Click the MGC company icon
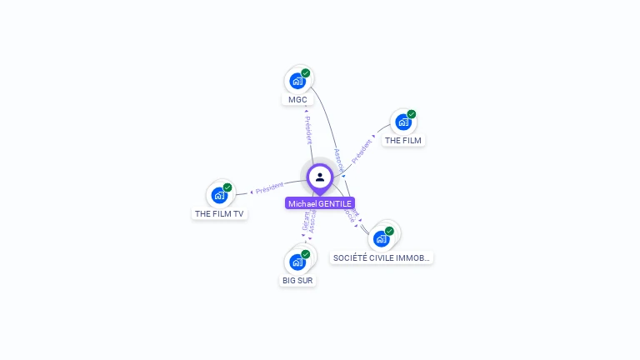[x=297, y=81]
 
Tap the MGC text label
[x=297, y=100]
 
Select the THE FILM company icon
[x=402, y=122]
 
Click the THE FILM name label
[x=403, y=141]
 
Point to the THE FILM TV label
[x=220, y=214]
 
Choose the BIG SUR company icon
[x=297, y=262]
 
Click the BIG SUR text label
[x=297, y=281]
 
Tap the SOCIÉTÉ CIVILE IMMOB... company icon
[x=381, y=238]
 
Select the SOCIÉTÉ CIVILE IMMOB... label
[x=382, y=258]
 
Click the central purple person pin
[x=320, y=177]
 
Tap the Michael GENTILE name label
[x=320, y=203]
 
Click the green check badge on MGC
[x=306, y=73]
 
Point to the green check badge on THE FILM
[x=412, y=114]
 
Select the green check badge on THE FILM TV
[x=227, y=187]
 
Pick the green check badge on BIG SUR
[x=306, y=254]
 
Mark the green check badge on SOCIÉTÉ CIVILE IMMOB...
[x=389, y=231]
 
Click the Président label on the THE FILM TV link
[x=270, y=189]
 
